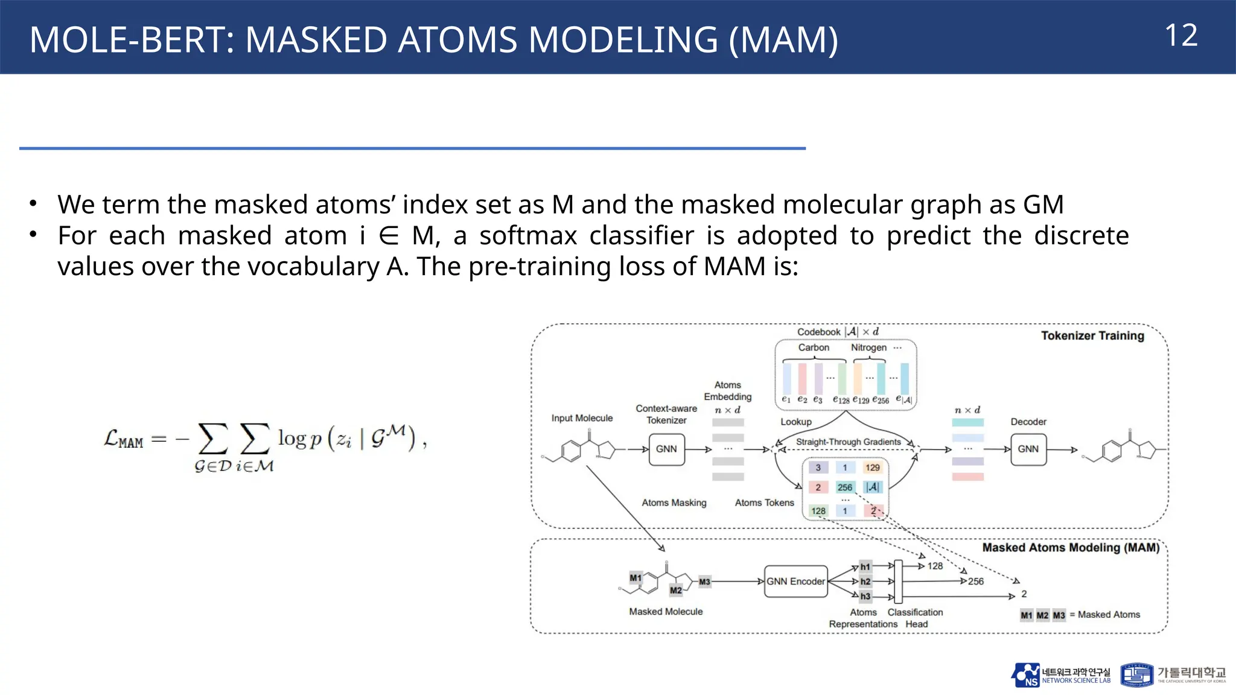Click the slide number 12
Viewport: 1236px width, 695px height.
tap(1180, 36)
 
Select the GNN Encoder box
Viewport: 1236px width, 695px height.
tap(795, 582)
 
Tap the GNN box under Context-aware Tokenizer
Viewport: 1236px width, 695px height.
tap(666, 449)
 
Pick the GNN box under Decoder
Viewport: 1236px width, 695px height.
tap(1028, 449)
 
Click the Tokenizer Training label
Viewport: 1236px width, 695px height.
tap(1092, 336)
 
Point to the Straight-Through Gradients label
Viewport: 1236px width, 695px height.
tap(848, 442)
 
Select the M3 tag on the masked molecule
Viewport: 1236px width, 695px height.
tap(704, 582)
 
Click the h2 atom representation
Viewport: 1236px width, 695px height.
tap(865, 582)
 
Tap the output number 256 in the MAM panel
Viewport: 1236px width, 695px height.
tap(975, 582)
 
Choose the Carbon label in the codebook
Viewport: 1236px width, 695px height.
tap(814, 347)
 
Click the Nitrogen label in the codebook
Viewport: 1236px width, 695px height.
tap(868, 347)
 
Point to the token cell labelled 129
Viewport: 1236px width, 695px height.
tap(872, 468)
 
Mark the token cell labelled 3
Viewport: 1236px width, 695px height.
tap(818, 468)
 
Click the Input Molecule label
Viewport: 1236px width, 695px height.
tap(582, 418)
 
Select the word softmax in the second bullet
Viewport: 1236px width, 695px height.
tap(528, 236)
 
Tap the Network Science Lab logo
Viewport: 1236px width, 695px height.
tap(1060, 675)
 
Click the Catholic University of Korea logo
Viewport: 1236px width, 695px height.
tap(1173, 675)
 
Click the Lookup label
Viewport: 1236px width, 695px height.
tap(796, 422)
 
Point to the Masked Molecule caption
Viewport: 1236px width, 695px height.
tap(666, 612)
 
